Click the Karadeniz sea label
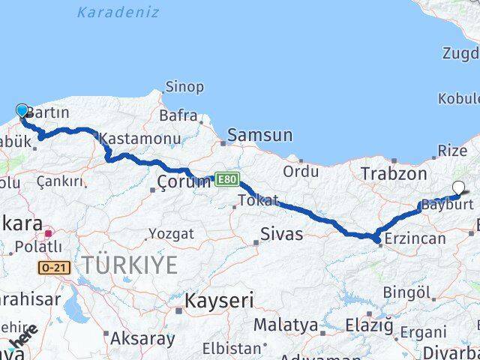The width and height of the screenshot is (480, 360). (x=107, y=12)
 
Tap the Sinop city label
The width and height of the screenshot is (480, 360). (x=184, y=87)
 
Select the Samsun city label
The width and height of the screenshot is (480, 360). (x=259, y=136)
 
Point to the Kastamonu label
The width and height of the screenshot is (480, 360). (x=140, y=139)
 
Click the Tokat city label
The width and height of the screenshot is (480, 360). (x=258, y=200)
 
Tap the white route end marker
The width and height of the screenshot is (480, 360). (x=459, y=188)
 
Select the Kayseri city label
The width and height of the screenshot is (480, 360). (x=208, y=301)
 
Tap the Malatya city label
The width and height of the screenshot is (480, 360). (x=285, y=325)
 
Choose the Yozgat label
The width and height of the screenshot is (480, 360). (x=171, y=235)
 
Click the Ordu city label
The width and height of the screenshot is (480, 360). (x=301, y=172)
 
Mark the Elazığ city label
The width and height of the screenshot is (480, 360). (x=369, y=325)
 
